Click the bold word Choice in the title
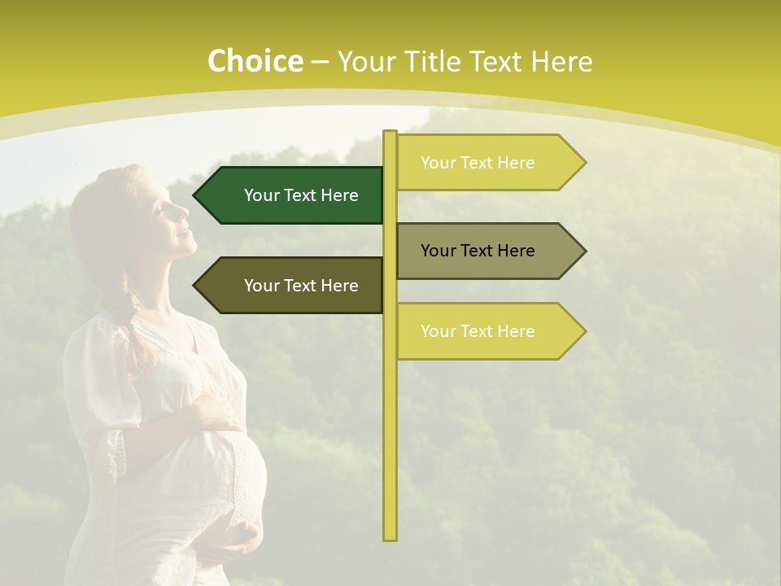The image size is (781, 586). [255, 61]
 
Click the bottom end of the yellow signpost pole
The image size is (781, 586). [390, 537]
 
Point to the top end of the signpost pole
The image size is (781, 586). [390, 133]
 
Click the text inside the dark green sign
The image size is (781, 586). [301, 195]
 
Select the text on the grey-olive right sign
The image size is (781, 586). [478, 251]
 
